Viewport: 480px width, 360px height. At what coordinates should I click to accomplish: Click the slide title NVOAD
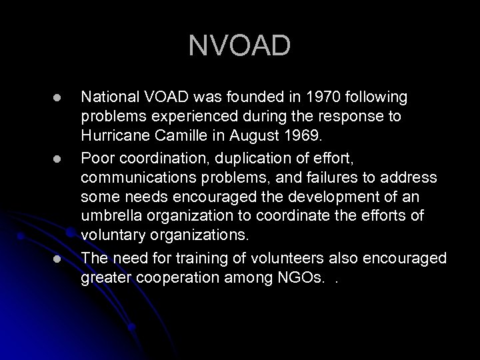click(x=239, y=46)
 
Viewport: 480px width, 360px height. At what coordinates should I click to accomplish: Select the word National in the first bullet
click(x=107, y=98)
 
